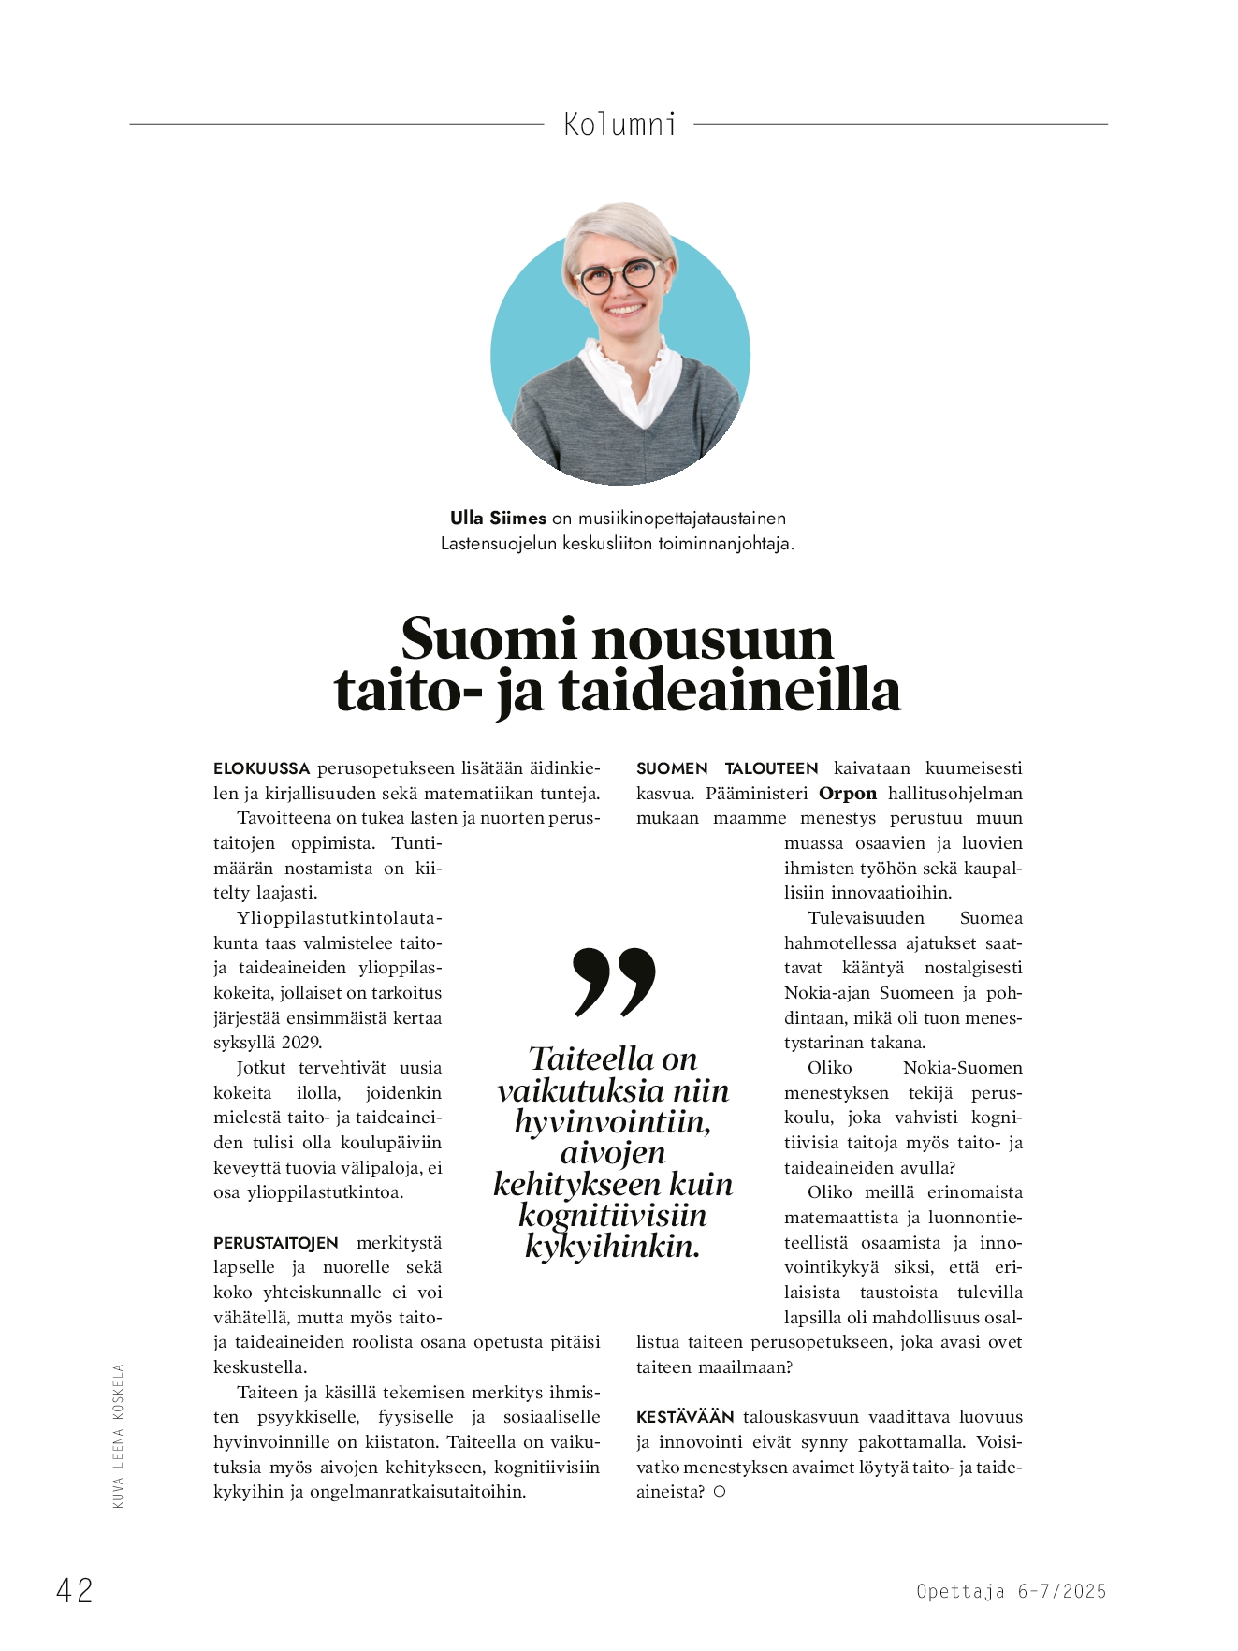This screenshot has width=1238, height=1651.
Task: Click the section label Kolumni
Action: [x=619, y=124]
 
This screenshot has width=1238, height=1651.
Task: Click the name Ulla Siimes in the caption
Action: [x=498, y=519]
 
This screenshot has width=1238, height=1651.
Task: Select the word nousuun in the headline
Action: [x=712, y=640]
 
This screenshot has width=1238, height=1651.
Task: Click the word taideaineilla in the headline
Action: [x=730, y=692]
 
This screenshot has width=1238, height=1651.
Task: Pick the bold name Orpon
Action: [x=848, y=794]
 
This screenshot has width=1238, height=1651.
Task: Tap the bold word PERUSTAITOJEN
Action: [x=276, y=1243]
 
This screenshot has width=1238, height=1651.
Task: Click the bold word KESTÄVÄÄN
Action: [x=686, y=1417]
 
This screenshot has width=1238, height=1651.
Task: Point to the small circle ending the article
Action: [x=720, y=1492]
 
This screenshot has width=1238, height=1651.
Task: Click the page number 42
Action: [x=75, y=1590]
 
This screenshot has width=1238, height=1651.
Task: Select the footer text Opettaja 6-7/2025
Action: [x=1011, y=1591]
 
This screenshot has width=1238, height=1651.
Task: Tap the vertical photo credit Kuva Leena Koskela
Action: [x=118, y=1436]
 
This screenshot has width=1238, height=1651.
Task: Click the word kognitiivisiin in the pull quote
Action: [x=613, y=1215]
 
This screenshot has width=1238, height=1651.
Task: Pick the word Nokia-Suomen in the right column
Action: [x=962, y=1068]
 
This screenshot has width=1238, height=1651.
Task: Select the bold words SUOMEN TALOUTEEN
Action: [x=727, y=768]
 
